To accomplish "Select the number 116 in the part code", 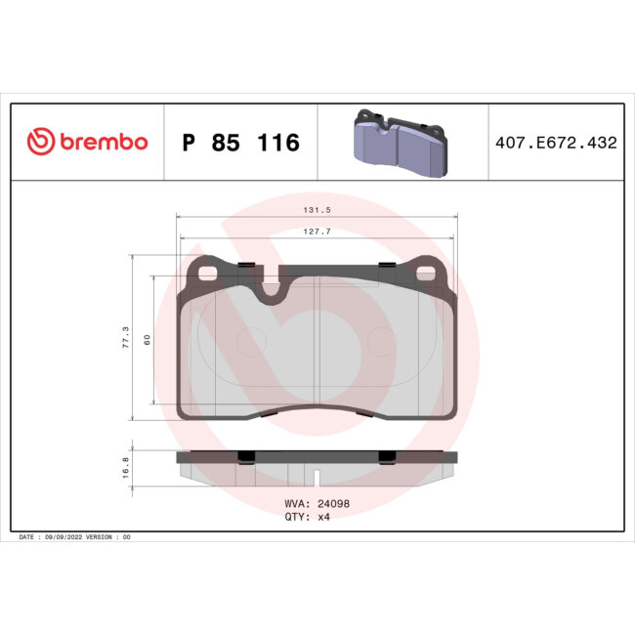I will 279,144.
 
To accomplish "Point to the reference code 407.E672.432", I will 556,143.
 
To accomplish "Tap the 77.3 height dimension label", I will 124,338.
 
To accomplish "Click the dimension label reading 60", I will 146,339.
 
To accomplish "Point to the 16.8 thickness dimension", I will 124,467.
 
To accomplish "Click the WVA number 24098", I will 327,504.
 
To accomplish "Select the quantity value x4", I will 323,518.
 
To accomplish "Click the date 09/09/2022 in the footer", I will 71,537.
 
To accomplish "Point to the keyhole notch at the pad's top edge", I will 271,286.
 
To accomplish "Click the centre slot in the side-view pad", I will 317,479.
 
